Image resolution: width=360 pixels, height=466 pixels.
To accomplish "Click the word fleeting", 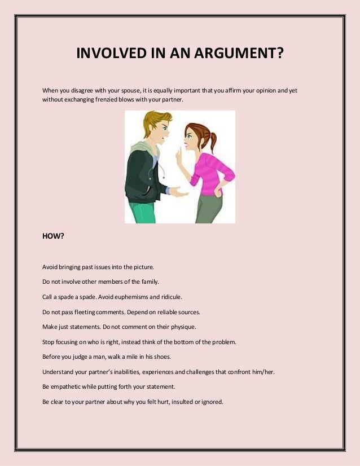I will coord(83,311).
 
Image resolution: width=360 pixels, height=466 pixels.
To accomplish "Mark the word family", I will coord(148,281).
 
